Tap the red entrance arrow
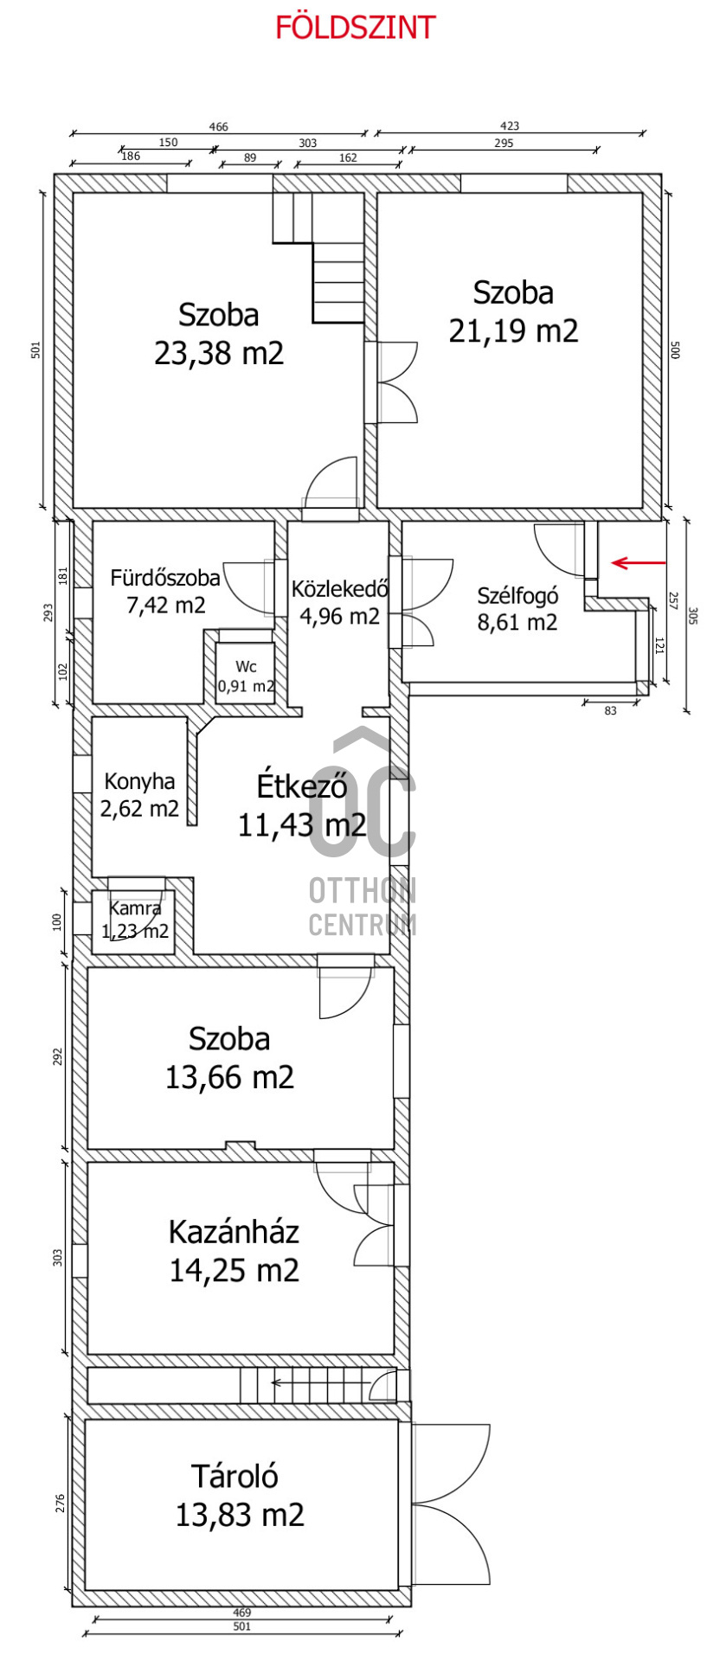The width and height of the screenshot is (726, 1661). coord(639,563)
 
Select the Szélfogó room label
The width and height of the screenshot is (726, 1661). coord(517,595)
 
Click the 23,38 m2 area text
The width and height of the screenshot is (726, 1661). coord(219,353)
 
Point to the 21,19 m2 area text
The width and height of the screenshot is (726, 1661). coord(513,330)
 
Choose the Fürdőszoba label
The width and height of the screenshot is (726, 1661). coord(165,577)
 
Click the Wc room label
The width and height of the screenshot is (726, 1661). coord(246,666)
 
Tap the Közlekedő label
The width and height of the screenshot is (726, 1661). coord(339,589)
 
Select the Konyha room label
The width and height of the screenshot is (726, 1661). coord(139,781)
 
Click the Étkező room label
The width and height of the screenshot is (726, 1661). coord(302,786)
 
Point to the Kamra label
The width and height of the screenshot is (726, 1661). coord(135,908)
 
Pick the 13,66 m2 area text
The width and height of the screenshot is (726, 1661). coord(229,1077)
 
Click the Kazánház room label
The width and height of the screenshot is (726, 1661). coord(234,1231)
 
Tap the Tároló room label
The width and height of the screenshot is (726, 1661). coord(235,1476)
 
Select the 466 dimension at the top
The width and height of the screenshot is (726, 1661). coord(219,126)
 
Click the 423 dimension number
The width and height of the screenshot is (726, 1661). coord(510,126)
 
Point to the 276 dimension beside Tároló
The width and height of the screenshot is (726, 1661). coord(59,1503)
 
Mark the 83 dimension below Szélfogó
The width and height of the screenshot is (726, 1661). coord(611,710)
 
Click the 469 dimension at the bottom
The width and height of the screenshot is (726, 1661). coord(242,1612)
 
